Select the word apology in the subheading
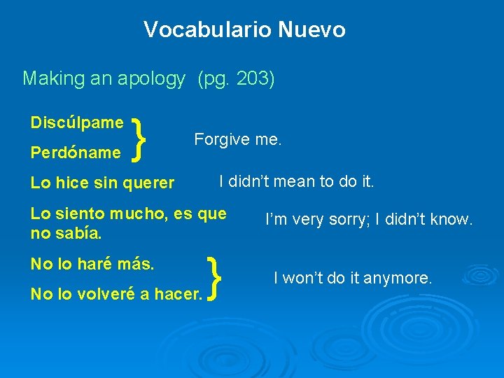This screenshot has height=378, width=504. click(x=155, y=78)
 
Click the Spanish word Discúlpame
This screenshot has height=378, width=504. click(x=77, y=122)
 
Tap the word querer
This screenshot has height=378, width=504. click(x=148, y=183)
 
